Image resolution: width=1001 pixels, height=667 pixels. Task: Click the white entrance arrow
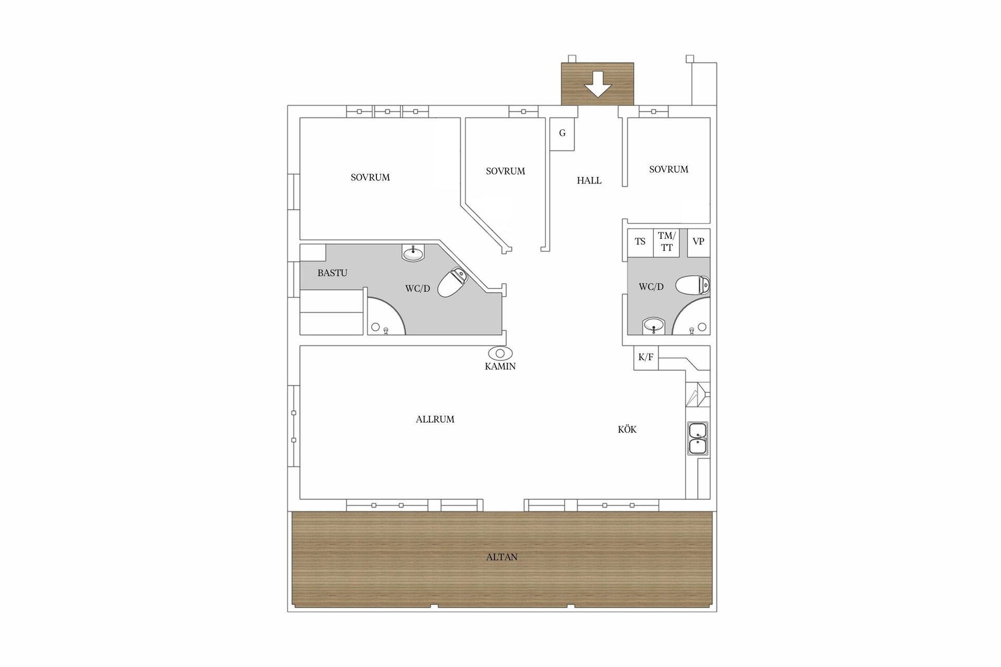click(597, 84)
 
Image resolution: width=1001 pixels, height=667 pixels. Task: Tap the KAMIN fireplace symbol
click(500, 353)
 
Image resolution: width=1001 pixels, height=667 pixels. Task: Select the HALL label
click(589, 181)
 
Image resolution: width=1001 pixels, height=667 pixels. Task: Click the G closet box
click(562, 133)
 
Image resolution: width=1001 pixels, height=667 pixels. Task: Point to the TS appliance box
click(640, 242)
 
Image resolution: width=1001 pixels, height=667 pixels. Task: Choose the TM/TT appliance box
click(666, 242)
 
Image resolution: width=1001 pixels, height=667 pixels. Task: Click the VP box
click(699, 242)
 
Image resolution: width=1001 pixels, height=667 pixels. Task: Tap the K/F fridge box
click(645, 357)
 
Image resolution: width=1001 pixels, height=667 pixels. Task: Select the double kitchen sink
click(698, 439)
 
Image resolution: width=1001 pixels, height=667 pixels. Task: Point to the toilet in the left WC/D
click(452, 282)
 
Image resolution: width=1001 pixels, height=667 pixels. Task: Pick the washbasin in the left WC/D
click(413, 253)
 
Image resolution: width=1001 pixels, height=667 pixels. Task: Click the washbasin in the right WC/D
click(653, 326)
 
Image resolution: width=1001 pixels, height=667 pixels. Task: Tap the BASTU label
click(332, 273)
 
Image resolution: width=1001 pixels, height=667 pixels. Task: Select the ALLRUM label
click(435, 419)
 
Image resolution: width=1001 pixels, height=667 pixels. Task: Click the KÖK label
click(627, 430)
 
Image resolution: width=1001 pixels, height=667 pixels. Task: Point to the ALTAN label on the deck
click(502, 558)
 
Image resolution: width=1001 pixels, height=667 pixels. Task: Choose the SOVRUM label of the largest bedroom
click(370, 178)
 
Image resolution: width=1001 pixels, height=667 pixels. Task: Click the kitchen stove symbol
click(697, 394)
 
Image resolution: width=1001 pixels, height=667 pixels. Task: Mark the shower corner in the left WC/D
click(384, 318)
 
